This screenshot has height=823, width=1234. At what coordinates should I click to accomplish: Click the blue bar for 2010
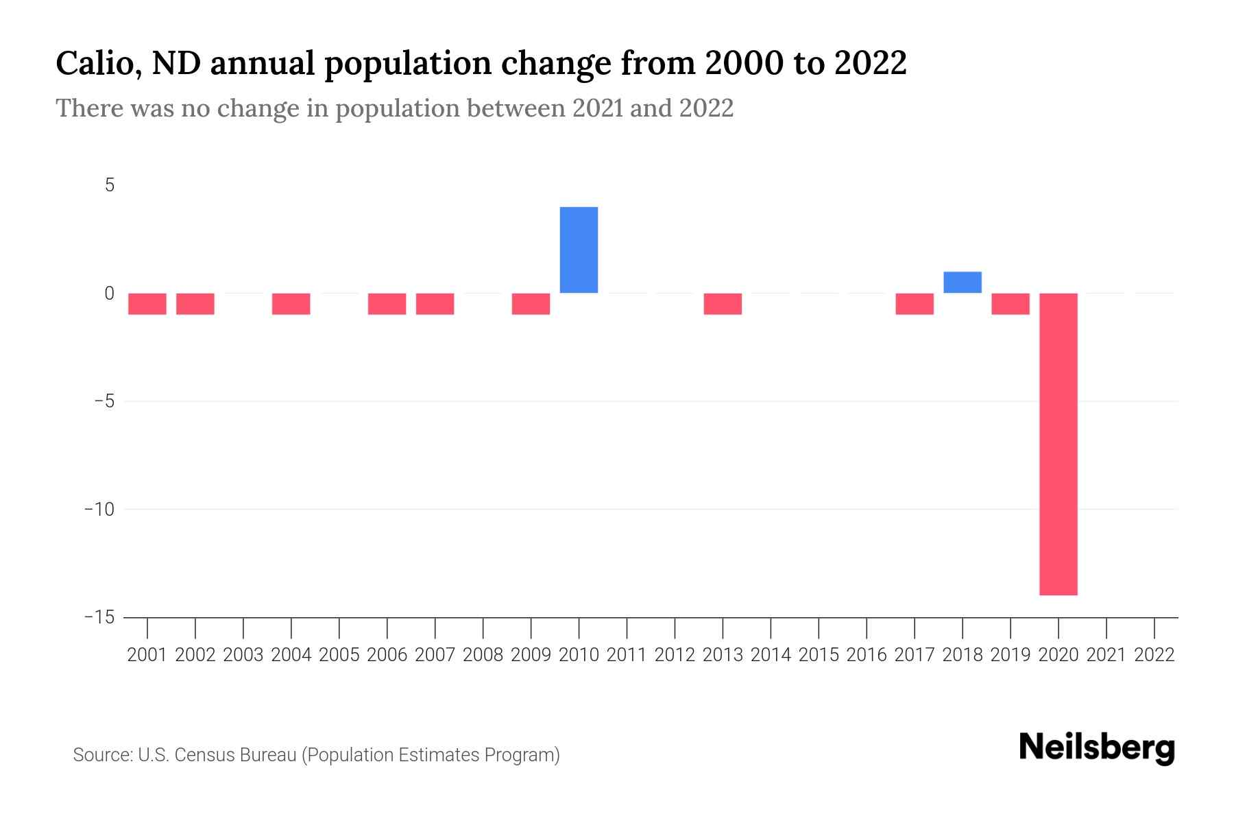(579, 250)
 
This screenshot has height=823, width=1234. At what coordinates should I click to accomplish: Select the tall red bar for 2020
(1058, 444)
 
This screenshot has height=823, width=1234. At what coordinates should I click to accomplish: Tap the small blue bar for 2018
(963, 283)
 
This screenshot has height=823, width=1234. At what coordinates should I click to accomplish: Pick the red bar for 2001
(147, 304)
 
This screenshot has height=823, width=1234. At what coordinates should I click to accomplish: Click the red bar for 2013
(723, 304)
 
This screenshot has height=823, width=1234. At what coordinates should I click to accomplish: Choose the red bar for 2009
(531, 304)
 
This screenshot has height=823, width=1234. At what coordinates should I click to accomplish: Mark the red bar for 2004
(291, 304)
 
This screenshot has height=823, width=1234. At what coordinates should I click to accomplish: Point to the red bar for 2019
(1011, 304)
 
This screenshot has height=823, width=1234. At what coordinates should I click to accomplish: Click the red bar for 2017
(915, 304)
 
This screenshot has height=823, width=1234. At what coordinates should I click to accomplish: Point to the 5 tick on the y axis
(110, 185)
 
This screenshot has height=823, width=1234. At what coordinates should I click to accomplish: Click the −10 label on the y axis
(99, 509)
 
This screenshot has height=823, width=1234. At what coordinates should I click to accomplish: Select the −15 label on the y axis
(99, 617)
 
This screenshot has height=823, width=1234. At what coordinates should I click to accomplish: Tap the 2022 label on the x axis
(1154, 655)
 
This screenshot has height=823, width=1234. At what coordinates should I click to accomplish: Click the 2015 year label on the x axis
(819, 655)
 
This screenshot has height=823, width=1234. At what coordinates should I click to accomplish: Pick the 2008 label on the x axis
(483, 655)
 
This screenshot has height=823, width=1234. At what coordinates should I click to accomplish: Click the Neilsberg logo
(1097, 748)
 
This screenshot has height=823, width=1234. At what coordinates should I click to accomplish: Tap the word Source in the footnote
(102, 755)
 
